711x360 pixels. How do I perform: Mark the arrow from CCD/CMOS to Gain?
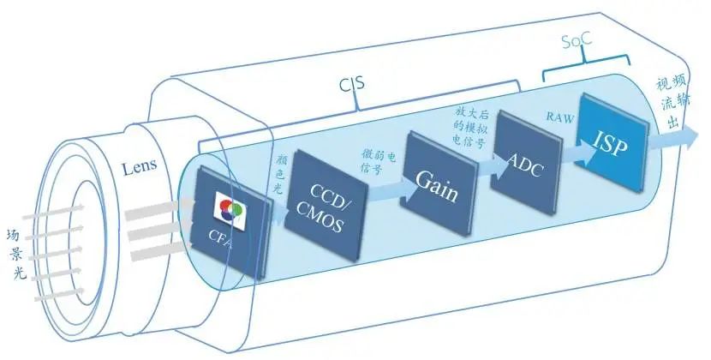[x=383, y=195]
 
